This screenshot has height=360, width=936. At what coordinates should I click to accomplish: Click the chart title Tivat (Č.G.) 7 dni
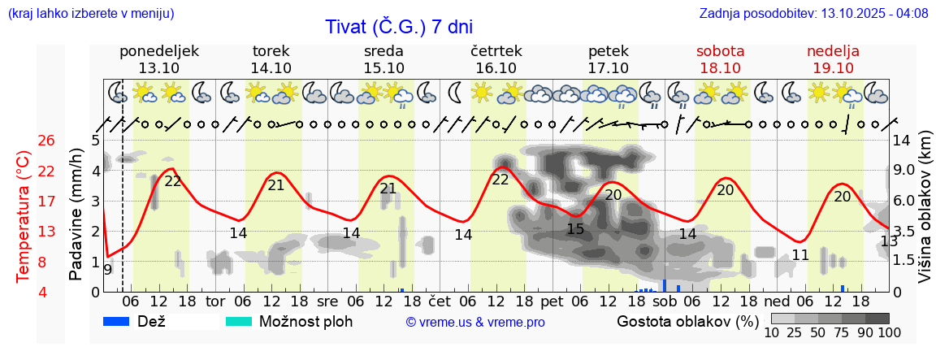[398, 27]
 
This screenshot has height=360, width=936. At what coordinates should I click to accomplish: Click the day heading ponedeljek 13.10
[158, 59]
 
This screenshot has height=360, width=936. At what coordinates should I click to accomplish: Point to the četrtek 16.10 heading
[496, 59]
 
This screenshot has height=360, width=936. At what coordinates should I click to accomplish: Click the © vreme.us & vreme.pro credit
[475, 322]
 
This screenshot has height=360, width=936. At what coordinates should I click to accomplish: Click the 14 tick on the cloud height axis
[902, 141]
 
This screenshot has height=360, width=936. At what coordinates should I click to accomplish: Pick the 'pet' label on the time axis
[552, 301]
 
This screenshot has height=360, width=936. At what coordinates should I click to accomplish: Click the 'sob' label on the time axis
[664, 301]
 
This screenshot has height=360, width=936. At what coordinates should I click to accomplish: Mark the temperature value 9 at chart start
[107, 269]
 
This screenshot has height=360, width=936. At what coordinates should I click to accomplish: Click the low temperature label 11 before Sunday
[800, 255]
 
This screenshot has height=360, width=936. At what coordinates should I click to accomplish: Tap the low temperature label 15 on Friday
[575, 229]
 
